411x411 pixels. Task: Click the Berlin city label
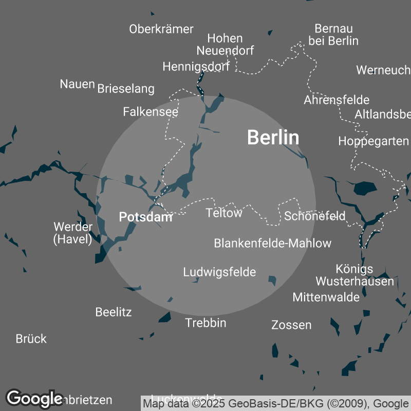(x=273, y=137)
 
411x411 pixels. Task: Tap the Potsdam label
(x=145, y=217)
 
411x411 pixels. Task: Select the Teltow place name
(x=223, y=213)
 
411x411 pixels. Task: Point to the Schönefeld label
(x=314, y=216)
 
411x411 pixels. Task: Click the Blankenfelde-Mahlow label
(x=272, y=243)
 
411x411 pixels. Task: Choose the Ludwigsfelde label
(x=219, y=272)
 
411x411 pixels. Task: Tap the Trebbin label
(x=206, y=323)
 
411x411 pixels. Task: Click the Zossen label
(x=291, y=325)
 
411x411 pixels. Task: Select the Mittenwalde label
(x=326, y=296)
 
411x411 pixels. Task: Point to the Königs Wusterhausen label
(x=354, y=275)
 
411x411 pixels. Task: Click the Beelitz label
(x=114, y=312)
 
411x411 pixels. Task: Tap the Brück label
(x=31, y=339)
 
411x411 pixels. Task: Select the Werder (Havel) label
(x=73, y=233)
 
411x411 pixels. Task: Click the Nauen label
(x=78, y=84)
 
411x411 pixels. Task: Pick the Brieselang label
(x=126, y=89)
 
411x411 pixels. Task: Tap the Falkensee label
(x=151, y=111)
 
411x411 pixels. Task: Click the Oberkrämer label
(x=161, y=29)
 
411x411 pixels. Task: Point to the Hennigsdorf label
(x=196, y=66)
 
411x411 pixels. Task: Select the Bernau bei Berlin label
(x=333, y=34)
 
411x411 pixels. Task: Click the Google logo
(x=35, y=398)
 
